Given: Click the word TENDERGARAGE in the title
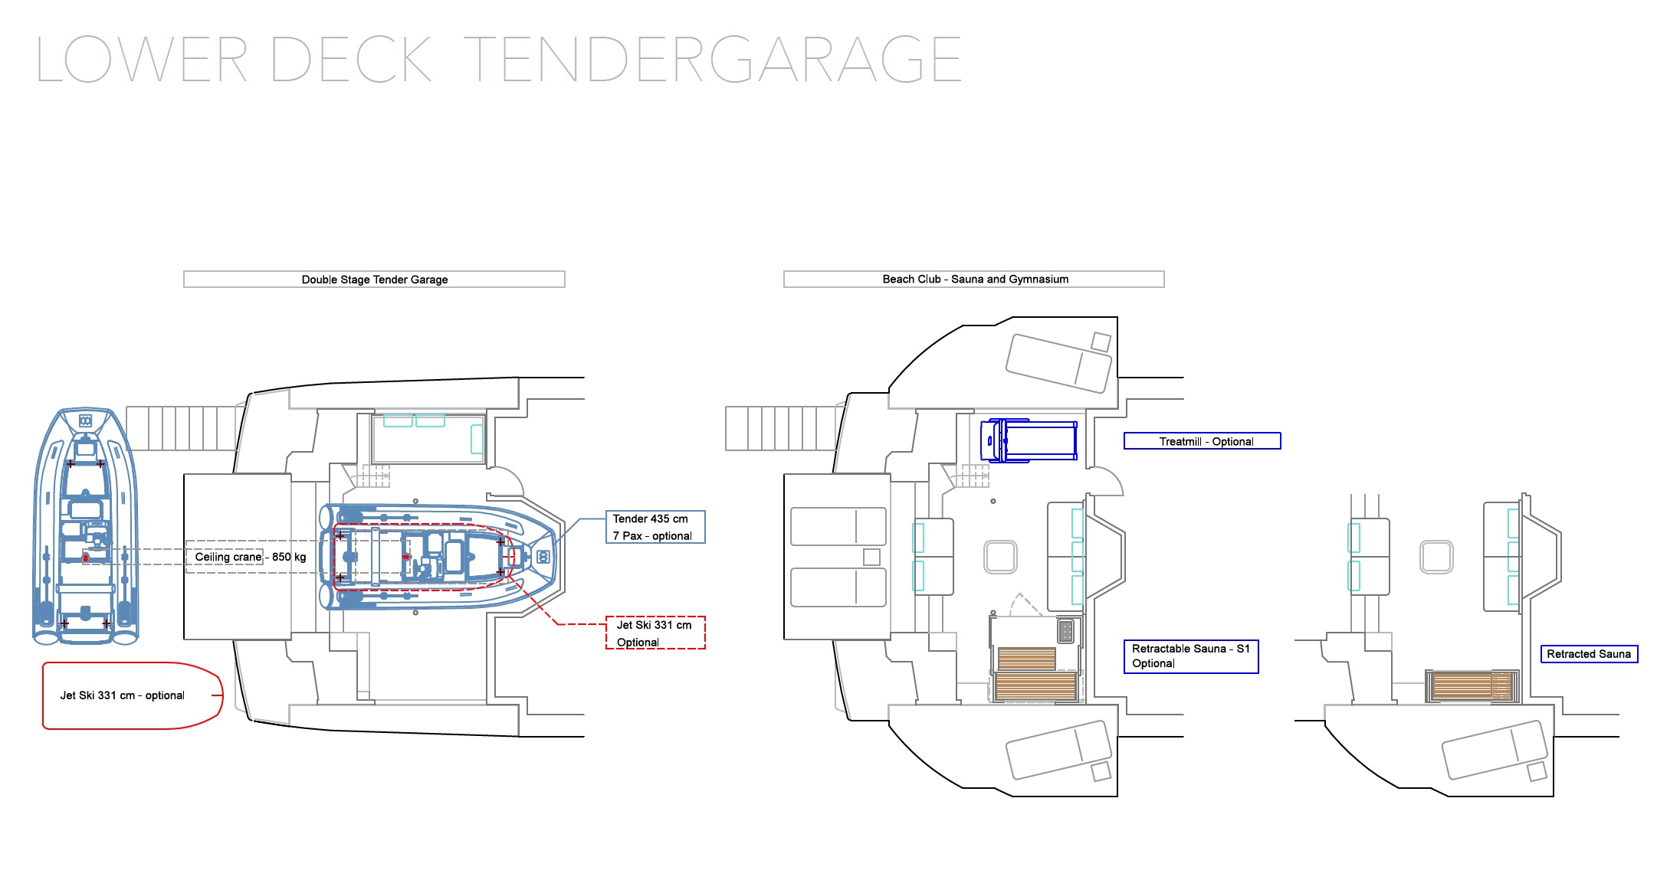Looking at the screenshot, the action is coord(713,59).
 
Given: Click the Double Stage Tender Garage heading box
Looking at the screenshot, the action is coord(374,280).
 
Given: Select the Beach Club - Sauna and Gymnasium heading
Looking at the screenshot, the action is coord(974,279).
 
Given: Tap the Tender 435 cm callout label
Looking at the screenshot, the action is coord(655,527).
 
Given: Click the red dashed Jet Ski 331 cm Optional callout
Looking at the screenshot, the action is coord(655,633).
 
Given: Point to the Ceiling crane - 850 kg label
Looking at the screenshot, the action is coord(250,557).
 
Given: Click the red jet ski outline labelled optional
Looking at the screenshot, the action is coord(133,695).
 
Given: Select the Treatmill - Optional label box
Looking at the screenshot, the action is coord(1202,441).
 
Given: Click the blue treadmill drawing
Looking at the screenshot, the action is coord(1030,440).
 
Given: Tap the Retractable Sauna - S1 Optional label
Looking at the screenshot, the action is coord(1191,656).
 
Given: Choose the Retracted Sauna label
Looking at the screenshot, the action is coord(1589,654).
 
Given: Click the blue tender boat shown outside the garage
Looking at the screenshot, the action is coord(85,525).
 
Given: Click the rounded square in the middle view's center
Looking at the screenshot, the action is coord(1000,557).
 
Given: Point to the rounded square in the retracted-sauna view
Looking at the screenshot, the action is coord(1436,557).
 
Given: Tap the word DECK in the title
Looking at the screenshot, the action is coord(352,59).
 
